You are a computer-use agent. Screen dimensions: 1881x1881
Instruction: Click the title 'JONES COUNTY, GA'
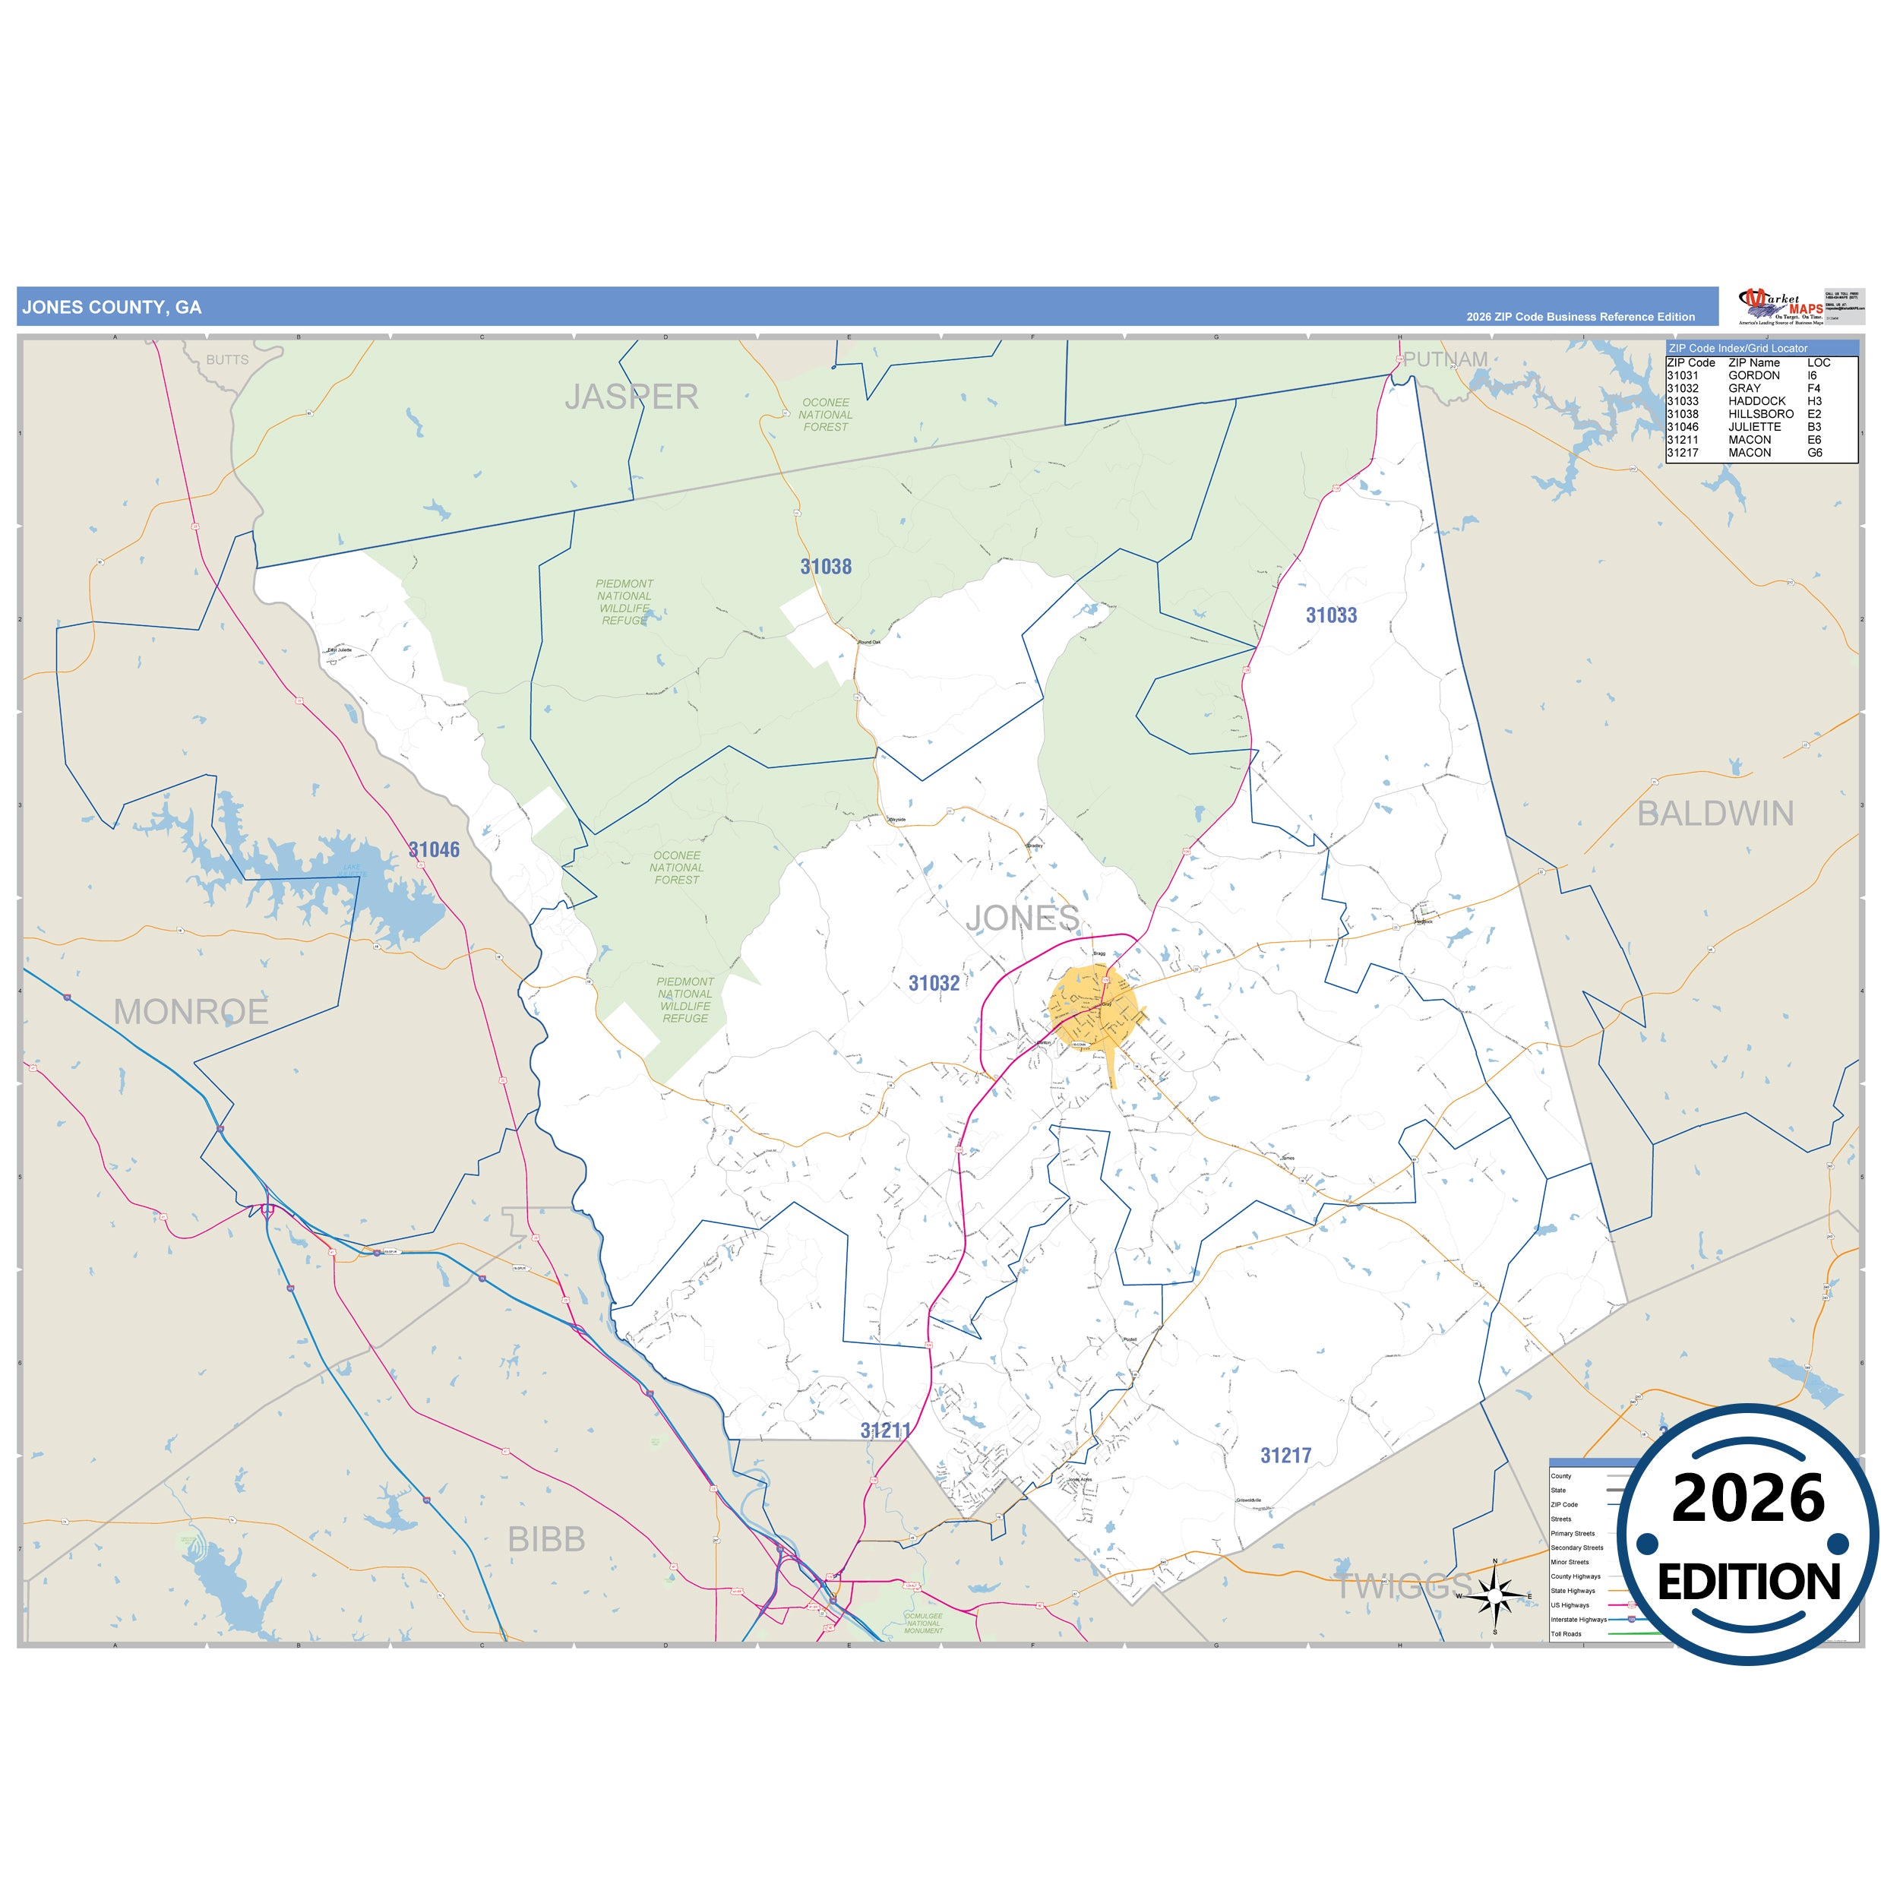coord(112,308)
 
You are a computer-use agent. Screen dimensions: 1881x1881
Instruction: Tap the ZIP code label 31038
coord(826,567)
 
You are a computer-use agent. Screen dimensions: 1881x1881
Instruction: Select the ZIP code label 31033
coord(1331,615)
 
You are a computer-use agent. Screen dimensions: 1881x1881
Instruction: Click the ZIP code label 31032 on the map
coord(934,983)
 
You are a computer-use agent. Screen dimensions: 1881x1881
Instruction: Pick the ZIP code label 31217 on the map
coord(1285,1456)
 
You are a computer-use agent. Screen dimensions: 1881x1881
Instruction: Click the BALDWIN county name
coord(1715,814)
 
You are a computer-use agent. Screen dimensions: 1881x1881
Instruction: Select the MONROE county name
coord(191,1013)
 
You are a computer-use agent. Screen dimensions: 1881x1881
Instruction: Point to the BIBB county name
coord(546,1539)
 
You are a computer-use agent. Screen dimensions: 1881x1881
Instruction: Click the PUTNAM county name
coord(1445,359)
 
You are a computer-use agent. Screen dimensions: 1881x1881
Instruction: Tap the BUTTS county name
coord(227,360)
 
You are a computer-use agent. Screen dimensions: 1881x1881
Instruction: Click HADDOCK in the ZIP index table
coord(1756,401)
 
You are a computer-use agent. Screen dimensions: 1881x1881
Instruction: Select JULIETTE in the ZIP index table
coord(1754,426)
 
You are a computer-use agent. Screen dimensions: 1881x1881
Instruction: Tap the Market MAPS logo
coord(1781,305)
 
